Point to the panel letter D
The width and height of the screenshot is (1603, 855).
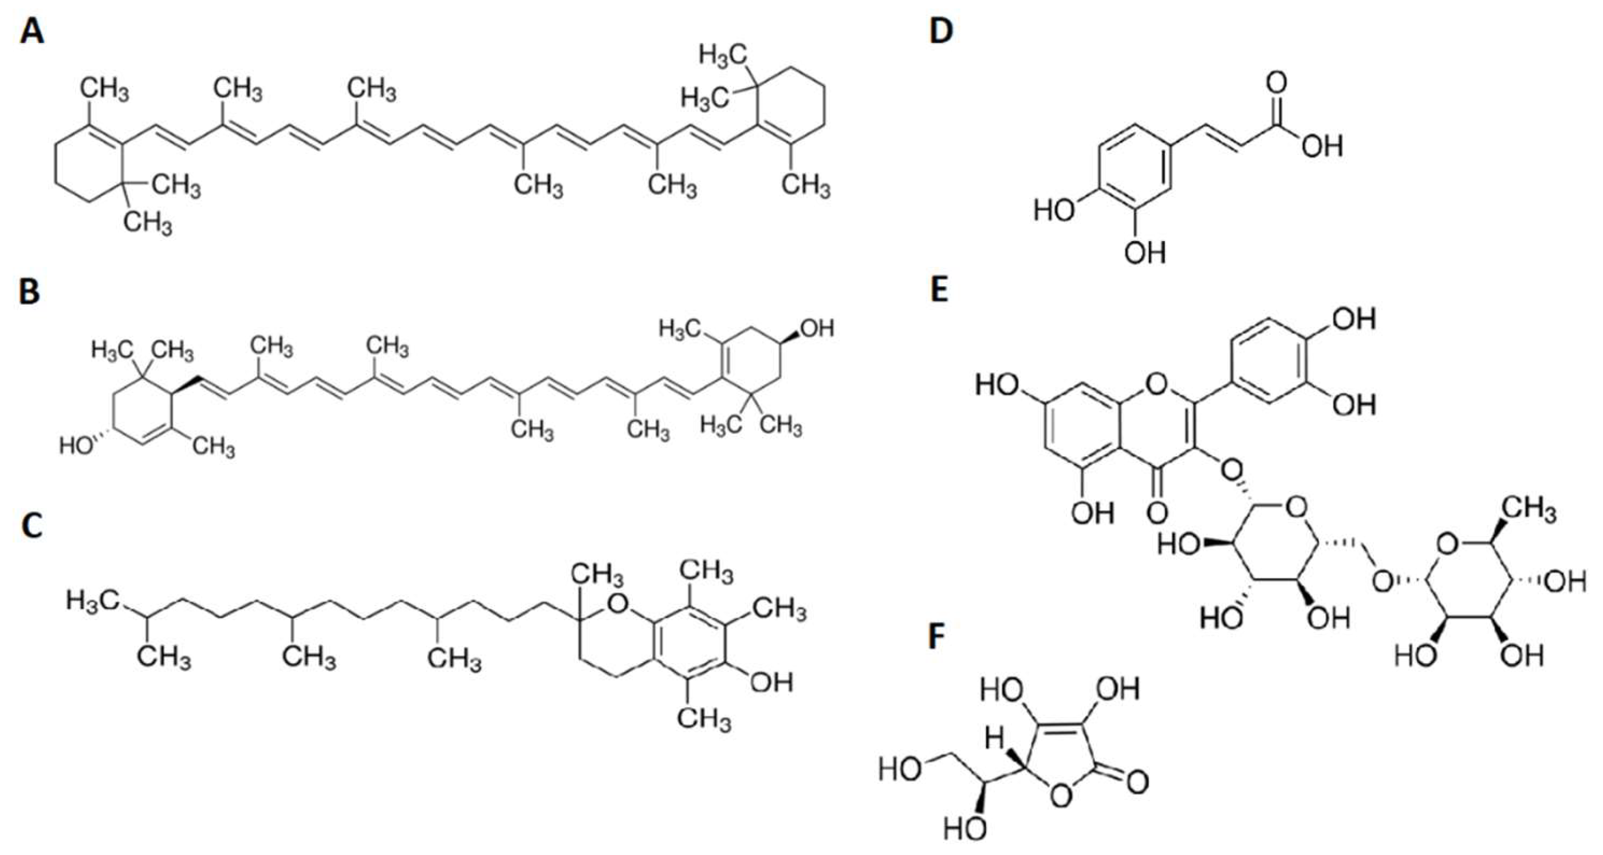tap(941, 31)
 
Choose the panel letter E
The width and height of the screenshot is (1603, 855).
tap(939, 290)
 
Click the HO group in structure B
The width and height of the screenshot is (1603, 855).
tap(76, 446)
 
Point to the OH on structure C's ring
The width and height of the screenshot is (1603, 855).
tap(771, 683)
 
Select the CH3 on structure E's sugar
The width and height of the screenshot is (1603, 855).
tap(1531, 512)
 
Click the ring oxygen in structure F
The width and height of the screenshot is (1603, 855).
tap(1062, 797)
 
